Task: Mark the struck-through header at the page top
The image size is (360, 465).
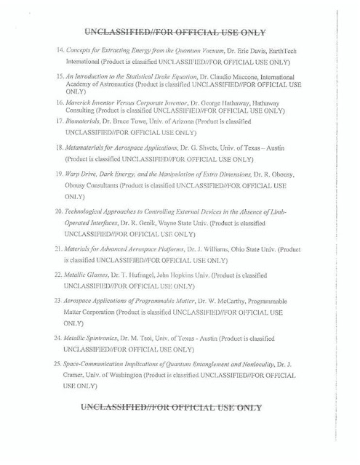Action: [174, 31]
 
